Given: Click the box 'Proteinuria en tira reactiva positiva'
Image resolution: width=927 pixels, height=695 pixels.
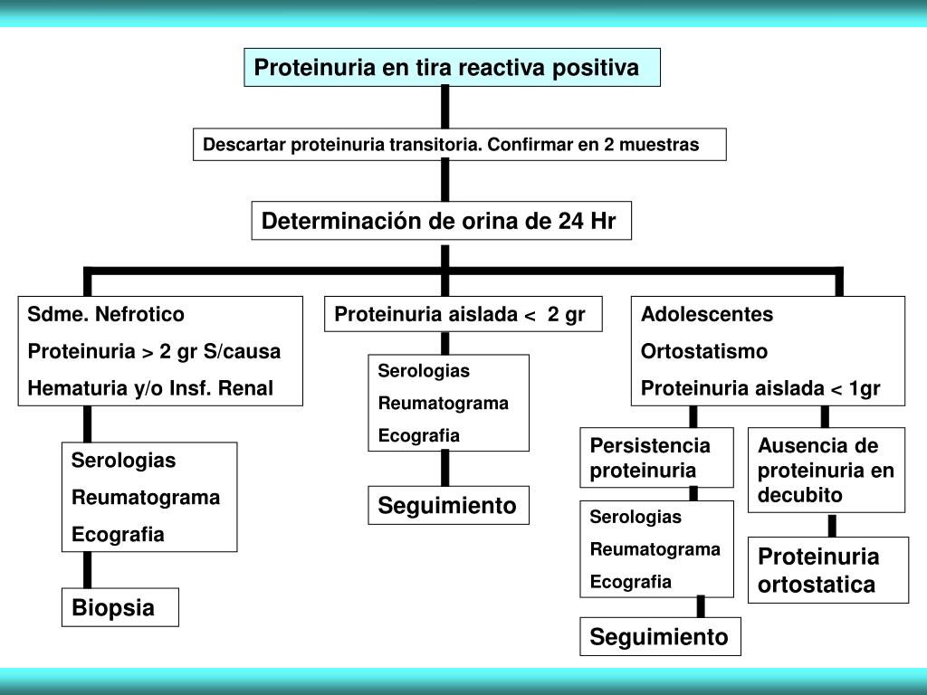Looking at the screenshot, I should (452, 68).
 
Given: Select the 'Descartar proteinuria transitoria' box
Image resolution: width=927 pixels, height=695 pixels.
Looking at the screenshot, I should (459, 145).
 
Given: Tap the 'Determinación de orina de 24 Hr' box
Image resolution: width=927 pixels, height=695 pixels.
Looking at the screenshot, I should (441, 221).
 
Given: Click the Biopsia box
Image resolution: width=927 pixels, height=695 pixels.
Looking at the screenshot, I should (119, 607).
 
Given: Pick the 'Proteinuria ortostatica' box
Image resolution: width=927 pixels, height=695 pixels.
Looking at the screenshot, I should (827, 570).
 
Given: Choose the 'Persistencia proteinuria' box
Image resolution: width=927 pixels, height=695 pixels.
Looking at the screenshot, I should (656, 458).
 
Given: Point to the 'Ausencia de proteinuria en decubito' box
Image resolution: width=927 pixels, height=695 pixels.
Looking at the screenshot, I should (827, 471).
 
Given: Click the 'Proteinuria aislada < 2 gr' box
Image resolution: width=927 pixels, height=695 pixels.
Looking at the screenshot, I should (463, 314).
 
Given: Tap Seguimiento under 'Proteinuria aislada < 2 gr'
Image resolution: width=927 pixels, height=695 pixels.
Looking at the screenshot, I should (448, 505).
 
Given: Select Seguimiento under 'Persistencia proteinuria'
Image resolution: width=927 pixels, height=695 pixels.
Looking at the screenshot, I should (660, 637).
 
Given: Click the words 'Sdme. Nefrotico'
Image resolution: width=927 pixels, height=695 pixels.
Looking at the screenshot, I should (106, 315).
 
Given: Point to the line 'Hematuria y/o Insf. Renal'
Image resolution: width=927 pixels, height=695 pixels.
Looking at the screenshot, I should (150, 389).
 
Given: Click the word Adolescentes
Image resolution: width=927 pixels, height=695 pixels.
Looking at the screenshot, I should (707, 315).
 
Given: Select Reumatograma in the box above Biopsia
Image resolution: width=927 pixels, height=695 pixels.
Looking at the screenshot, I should (146, 498).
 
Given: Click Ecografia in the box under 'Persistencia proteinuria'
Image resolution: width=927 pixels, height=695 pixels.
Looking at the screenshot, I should (631, 581).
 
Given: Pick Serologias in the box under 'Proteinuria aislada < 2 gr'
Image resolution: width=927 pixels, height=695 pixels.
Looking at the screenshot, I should (424, 371).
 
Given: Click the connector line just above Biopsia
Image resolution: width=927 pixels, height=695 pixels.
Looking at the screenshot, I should (87, 570).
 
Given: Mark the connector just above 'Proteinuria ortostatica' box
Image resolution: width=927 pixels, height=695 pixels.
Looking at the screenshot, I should (832, 526).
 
